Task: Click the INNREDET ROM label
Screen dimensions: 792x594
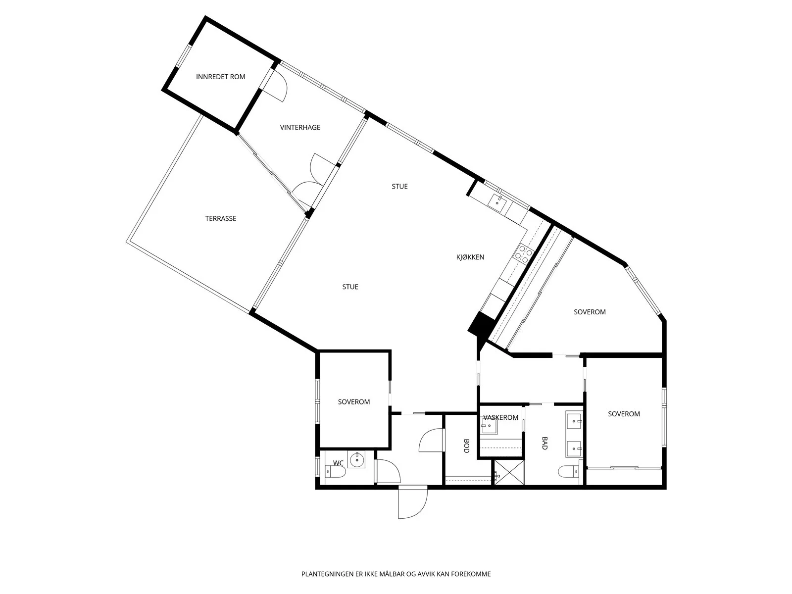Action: pos(220,77)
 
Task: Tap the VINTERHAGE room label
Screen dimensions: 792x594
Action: pos(300,127)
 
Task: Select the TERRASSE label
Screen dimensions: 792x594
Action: pos(221,219)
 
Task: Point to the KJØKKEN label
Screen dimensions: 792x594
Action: pos(470,257)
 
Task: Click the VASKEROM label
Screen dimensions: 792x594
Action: pos(501,418)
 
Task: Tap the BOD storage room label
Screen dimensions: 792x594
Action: pos(466,446)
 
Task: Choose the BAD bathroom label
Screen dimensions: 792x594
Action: pos(545,443)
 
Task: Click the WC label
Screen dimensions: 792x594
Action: pos(338,463)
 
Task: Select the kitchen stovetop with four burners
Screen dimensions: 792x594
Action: pos(523,253)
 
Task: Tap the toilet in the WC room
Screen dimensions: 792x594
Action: pos(335,471)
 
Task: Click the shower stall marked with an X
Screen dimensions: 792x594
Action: pos(509,472)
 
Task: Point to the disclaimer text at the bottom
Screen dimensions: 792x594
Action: pos(396,574)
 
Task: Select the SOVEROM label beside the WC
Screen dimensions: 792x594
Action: pos(353,402)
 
